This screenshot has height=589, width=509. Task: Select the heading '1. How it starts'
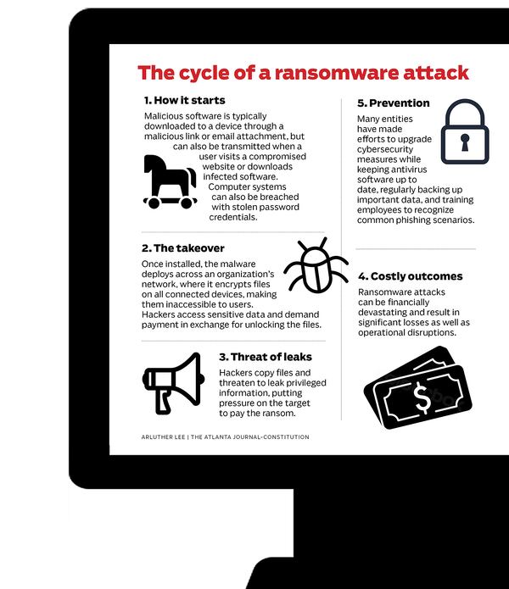pos(184,101)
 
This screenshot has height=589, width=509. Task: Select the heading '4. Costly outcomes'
pos(410,276)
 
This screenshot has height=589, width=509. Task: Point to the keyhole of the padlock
pos(463,143)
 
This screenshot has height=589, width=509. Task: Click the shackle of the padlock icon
pos(463,114)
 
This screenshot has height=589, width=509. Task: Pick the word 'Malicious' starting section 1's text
pos(166,117)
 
